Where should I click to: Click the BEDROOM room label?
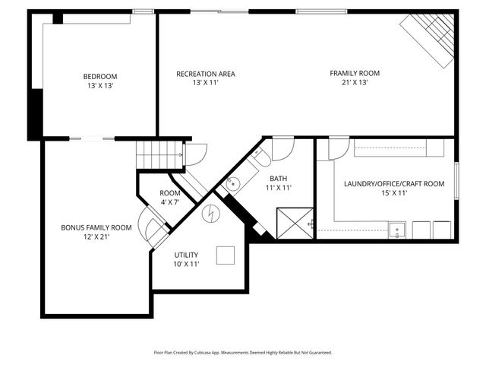100,76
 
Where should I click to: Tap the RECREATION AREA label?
206,74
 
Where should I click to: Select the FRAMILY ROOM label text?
354,74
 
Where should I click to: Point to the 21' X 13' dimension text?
354,83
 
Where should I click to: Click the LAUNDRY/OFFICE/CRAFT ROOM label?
394,184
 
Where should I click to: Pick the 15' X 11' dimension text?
394,193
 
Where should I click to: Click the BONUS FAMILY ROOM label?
96,227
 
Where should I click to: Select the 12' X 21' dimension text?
96,236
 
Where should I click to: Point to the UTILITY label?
186,255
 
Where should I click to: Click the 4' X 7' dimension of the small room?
170,202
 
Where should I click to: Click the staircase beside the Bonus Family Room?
159,156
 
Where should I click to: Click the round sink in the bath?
233,183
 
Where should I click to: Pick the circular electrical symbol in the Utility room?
210,214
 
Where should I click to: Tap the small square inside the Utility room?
226,255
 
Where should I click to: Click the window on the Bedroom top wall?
143,11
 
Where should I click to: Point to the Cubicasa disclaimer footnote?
243,353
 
